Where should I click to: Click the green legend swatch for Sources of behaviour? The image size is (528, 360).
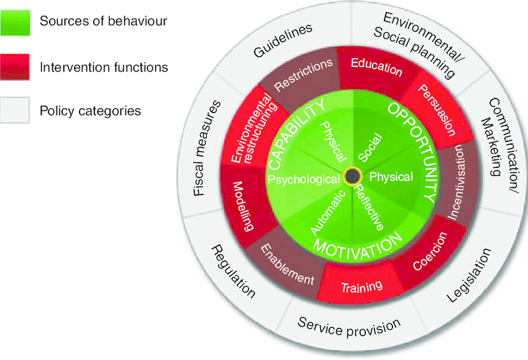pyautogui.click(x=14, y=21)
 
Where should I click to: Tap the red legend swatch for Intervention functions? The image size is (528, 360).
pyautogui.click(x=14, y=67)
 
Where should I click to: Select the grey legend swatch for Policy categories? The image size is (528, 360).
pyautogui.click(x=14, y=111)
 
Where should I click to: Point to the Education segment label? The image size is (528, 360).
pyautogui.click(x=376, y=67)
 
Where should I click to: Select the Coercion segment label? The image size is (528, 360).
pyautogui.click(x=430, y=253)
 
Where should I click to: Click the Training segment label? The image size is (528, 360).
pyautogui.click(x=362, y=287)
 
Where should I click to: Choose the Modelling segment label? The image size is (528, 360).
pyautogui.click(x=244, y=206)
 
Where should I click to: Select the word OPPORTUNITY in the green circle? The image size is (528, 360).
pyautogui.click(x=412, y=149)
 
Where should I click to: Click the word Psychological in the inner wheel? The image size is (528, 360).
pyautogui.click(x=304, y=179)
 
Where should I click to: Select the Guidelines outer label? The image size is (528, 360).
pyautogui.click(x=283, y=42)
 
